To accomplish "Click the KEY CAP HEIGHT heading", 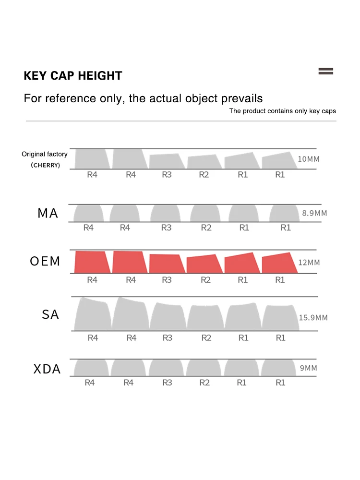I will point(73,76).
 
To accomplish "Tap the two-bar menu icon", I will point(325,72).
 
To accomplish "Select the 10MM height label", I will point(308,159).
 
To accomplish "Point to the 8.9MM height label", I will point(314,213).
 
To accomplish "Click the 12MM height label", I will point(309,263).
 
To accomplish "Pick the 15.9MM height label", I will point(313,317).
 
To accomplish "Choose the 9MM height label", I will point(309,368).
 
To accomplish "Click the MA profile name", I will point(48,213).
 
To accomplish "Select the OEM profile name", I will point(45,262).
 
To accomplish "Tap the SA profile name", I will point(50,315).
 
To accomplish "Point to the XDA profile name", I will point(47,369).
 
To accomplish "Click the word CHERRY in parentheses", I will point(46,165).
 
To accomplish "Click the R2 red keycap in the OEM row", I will point(204,264).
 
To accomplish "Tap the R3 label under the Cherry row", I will point(167,175).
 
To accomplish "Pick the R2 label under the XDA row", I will point(204,383).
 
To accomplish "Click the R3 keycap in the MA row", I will point(166,213).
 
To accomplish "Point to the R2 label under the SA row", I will point(206,338).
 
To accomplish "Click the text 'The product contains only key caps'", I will point(282,111).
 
